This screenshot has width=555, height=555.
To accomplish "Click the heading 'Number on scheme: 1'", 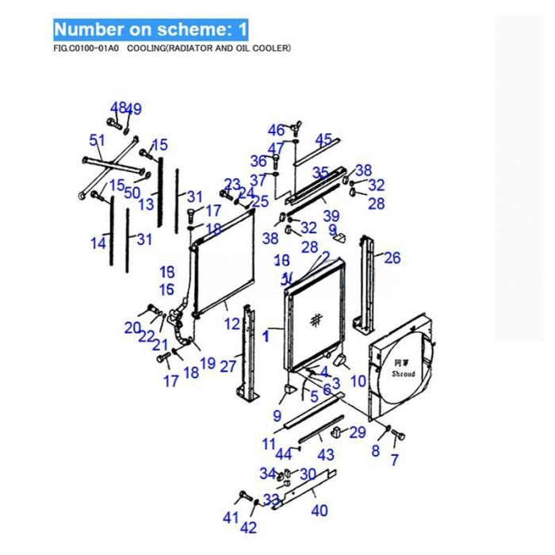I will pos(151,30).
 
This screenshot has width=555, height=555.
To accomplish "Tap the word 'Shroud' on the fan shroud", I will pos(404,373).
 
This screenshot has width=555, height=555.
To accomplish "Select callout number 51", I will pos(97,140).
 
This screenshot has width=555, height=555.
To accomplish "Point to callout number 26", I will pos(392,257).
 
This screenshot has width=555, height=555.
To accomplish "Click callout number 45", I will pos(323,140).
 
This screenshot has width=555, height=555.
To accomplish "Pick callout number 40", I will pos(320,511).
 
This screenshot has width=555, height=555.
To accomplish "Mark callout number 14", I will pos(98,243).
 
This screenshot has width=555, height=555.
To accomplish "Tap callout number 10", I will pos(358,381).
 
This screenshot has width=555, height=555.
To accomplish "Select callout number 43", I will pos(326,455).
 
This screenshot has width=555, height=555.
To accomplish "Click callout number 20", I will pos(132,327).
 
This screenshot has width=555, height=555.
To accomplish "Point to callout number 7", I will pos(395,460).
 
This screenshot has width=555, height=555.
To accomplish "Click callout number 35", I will pos(320,172).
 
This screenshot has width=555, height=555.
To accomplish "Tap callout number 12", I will pos(232,323).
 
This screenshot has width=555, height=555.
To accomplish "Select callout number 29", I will pos(358,432).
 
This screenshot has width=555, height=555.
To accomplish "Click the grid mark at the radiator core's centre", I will pos(316,319).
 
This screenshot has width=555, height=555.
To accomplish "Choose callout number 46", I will pos(275,130).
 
